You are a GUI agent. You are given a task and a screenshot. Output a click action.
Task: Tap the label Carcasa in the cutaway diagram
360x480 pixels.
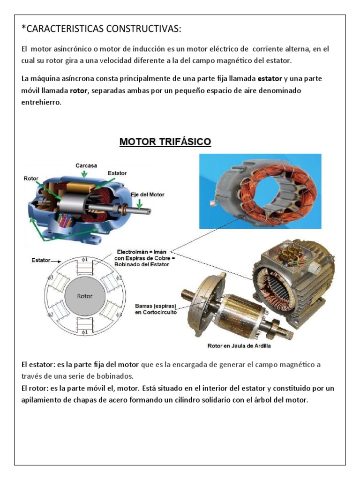86,165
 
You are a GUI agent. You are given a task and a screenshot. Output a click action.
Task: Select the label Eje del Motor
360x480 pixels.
147,194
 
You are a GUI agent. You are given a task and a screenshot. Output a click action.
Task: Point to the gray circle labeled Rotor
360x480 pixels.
85,296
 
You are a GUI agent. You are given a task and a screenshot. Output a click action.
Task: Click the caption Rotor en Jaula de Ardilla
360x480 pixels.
239,346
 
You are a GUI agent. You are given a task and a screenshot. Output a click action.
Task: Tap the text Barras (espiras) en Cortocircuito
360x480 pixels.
156,309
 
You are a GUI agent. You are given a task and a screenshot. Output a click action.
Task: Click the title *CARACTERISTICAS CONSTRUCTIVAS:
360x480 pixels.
101,29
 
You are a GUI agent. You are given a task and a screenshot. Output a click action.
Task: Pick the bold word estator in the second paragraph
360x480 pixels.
270,78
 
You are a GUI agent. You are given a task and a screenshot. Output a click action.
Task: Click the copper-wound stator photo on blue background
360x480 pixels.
260,190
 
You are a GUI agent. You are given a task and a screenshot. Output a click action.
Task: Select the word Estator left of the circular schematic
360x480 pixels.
41,259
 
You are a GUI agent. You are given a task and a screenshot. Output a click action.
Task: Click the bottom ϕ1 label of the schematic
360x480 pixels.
84,332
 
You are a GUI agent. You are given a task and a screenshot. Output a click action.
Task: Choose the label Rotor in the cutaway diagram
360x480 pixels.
31,178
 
